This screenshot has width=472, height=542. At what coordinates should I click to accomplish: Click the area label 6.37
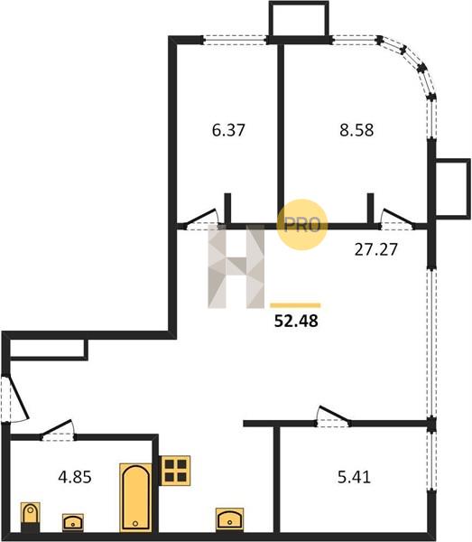pyautogui.click(x=228, y=130)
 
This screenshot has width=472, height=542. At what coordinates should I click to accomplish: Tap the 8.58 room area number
pyautogui.click(x=356, y=130)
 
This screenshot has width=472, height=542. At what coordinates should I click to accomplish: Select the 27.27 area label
pyautogui.click(x=376, y=249)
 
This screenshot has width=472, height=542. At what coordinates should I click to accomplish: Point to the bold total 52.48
pyautogui.click(x=296, y=321)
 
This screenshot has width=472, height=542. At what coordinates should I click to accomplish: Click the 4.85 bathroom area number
pyautogui.click(x=75, y=477)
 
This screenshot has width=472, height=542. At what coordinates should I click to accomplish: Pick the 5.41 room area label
pyautogui.click(x=354, y=477)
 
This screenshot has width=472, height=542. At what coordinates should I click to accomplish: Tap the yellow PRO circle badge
pyautogui.click(x=302, y=225)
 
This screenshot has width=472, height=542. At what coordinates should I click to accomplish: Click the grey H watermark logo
pyautogui.click(x=236, y=266)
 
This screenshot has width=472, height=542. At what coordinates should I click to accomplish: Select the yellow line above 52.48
pyautogui.click(x=295, y=305)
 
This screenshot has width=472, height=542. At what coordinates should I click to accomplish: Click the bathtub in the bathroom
pyautogui.click(x=135, y=498)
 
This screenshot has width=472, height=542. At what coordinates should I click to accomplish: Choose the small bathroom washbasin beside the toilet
pyautogui.click(x=73, y=522)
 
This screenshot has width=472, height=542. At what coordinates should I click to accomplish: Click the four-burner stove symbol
pyautogui.click(x=175, y=471)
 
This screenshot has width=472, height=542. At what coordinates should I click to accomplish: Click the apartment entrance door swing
pyautogui.click(x=17, y=397)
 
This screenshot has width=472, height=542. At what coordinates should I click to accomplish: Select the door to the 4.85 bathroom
pyautogui.click(x=57, y=428)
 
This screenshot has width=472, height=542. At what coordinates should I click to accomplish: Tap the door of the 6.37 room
pyautogui.click(x=201, y=219)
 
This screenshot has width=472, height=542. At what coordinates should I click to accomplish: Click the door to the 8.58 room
pyautogui.click(x=398, y=219)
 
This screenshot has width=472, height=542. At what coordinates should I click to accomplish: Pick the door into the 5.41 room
pyautogui.click(x=334, y=416)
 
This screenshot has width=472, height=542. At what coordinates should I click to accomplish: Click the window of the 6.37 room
pyautogui.click(x=236, y=40)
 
